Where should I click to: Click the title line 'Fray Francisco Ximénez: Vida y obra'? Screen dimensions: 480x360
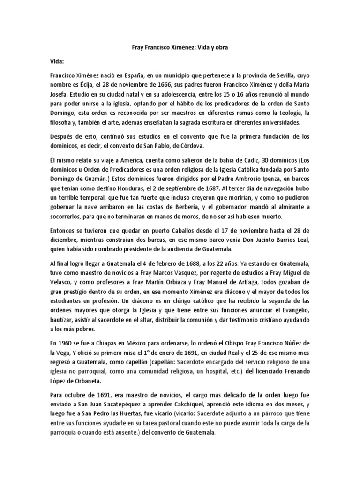pos(180,48)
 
